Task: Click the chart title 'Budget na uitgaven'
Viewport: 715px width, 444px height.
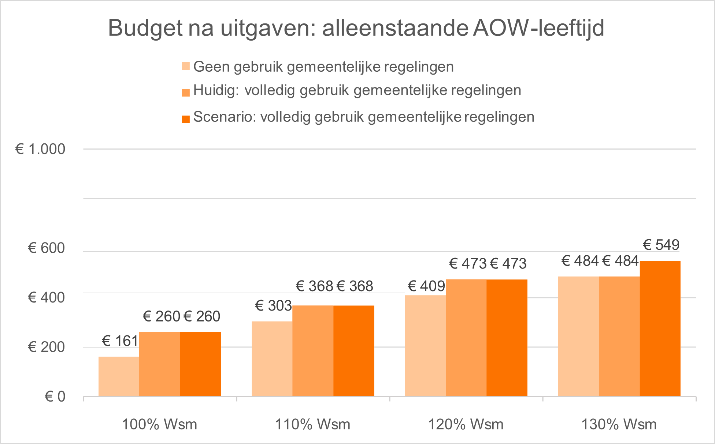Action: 356,28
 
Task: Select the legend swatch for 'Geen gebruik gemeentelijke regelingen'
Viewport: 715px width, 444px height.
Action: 186,67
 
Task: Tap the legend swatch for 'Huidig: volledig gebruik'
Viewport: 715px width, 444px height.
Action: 186,92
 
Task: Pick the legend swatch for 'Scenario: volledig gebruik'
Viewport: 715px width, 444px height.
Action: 186,119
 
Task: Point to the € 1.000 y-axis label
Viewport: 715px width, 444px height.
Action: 40,149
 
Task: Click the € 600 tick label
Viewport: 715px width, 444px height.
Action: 47,248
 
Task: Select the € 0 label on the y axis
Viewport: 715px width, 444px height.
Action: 55,397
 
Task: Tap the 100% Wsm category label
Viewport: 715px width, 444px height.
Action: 159,425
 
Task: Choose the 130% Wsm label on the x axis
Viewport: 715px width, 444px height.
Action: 619,425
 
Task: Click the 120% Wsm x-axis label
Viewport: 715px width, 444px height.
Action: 466,425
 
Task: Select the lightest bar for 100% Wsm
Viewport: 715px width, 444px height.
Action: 119,376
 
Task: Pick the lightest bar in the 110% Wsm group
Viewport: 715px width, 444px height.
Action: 272,358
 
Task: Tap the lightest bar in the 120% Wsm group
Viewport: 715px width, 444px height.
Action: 425,346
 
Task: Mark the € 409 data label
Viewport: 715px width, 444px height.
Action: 426,286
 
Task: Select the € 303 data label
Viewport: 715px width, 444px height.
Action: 273,306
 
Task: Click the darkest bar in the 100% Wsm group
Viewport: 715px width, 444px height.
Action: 201,364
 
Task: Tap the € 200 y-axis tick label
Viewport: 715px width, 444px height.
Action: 47,347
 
